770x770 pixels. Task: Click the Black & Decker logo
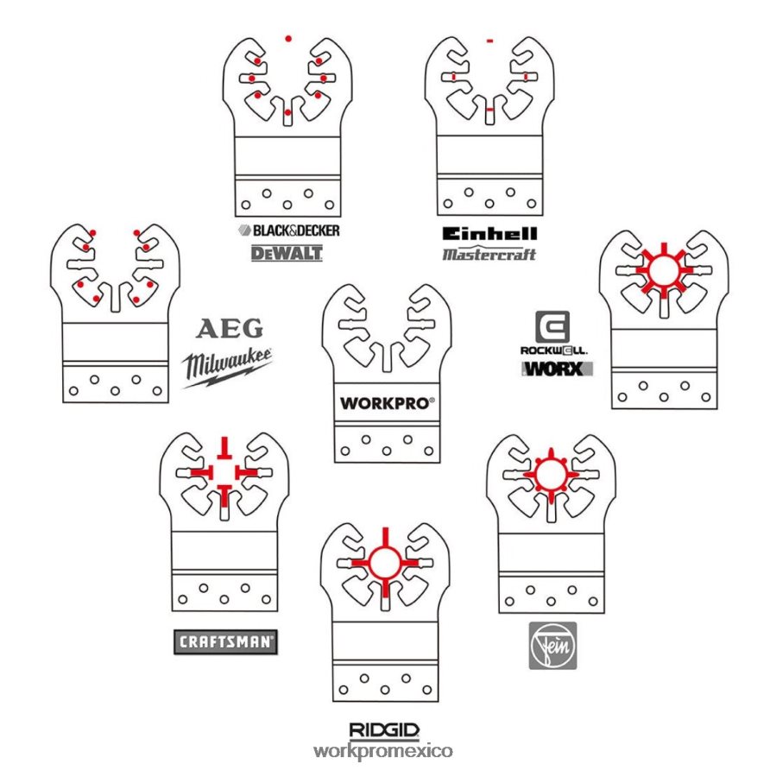288,230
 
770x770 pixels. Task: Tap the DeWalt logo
287,254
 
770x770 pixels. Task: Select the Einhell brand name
489,234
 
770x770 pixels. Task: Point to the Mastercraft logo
489,254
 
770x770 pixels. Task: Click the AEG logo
230,329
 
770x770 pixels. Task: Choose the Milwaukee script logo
227,368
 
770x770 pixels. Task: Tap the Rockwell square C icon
552,326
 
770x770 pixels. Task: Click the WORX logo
557,369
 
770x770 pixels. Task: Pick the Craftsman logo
225,642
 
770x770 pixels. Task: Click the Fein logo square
552,646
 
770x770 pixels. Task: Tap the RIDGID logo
384,730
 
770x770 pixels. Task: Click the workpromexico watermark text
383,751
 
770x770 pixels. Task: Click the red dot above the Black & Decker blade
288,38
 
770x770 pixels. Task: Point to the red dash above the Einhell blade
489,41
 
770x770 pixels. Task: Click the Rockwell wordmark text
554,350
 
